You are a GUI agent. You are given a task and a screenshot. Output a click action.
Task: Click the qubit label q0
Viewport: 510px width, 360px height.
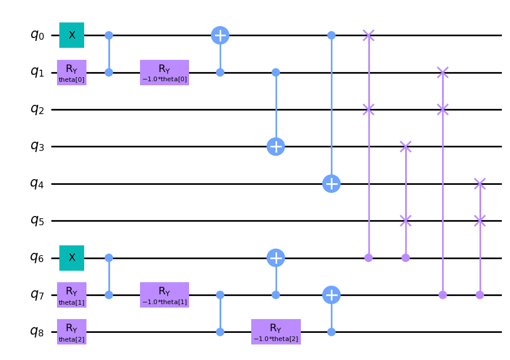point(37,35)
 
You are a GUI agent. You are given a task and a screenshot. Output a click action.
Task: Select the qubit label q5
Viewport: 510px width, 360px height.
point(37,221)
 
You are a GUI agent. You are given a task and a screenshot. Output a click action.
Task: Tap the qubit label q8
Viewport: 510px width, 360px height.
point(37,332)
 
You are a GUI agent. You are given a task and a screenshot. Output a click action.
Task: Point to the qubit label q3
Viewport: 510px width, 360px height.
point(37,146)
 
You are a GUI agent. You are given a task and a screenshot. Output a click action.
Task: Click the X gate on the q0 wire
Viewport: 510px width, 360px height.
point(72,35)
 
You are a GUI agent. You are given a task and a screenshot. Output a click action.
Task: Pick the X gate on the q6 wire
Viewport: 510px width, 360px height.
point(72,258)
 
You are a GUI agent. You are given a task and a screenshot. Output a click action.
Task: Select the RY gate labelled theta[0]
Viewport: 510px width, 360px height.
point(72,73)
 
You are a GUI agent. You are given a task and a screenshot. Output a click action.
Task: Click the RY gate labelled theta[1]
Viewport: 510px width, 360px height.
point(72,295)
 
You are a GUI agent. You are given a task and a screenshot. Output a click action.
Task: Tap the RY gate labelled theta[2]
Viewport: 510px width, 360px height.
point(72,332)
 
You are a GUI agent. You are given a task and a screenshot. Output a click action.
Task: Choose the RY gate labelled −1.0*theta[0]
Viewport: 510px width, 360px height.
point(164,73)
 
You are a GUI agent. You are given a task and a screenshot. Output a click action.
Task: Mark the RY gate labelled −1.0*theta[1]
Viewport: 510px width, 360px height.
point(164,295)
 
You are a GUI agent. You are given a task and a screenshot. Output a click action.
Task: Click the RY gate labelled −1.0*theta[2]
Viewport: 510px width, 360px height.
point(276,332)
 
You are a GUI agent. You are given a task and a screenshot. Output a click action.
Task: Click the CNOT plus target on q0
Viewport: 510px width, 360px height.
point(220,35)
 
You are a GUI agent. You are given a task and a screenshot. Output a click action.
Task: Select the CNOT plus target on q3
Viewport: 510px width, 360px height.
point(276,146)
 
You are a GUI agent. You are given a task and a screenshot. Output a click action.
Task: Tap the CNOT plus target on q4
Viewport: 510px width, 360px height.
point(331,184)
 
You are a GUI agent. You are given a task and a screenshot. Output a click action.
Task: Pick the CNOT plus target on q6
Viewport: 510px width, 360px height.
point(276,258)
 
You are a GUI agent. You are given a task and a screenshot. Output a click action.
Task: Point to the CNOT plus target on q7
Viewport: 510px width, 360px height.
point(331,295)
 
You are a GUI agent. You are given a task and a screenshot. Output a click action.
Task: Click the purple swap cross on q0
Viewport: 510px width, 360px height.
point(369,35)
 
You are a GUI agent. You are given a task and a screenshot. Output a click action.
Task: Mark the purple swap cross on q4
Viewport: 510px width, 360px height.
point(479,184)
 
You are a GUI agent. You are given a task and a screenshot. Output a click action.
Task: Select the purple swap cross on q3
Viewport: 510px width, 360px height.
point(406,146)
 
